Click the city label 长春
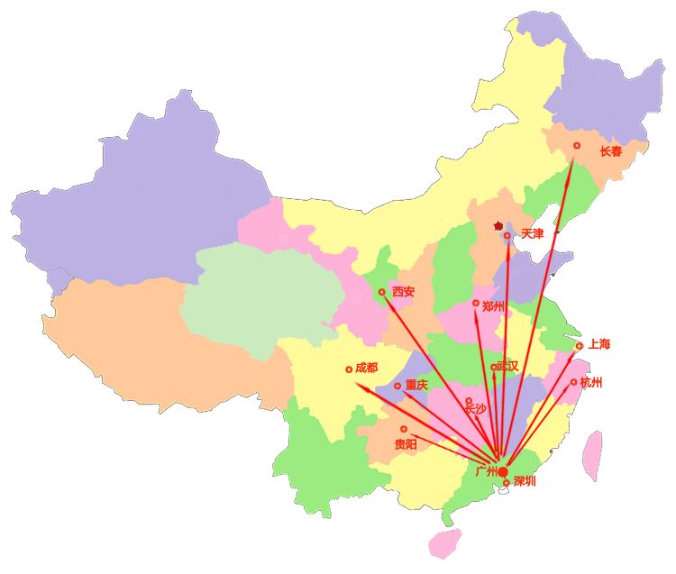tap(611, 151)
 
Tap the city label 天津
tap(533, 234)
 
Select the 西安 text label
tap(403, 292)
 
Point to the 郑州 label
tap(493, 306)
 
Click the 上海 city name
tap(599, 343)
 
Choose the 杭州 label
tap(591, 383)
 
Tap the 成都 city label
tap(367, 368)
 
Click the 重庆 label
tap(416, 385)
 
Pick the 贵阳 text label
tap(406, 444)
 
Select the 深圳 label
tap(525, 482)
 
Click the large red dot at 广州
tap(503, 471)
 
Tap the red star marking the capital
tap(498, 225)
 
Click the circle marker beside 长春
tap(577, 145)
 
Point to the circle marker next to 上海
tap(579, 346)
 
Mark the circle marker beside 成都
tap(349, 369)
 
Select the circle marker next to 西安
tap(382, 293)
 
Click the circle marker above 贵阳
tap(404, 429)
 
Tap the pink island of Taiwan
tap(592, 455)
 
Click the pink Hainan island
tap(444, 542)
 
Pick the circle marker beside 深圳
tap(507, 484)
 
